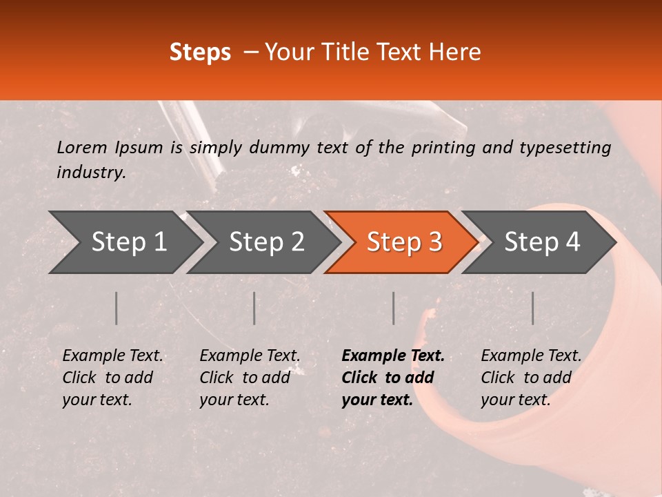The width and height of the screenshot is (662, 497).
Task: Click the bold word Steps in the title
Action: [200, 53]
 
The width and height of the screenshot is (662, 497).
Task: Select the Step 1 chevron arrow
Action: [126, 242]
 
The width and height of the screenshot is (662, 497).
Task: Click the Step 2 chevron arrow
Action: [263, 242]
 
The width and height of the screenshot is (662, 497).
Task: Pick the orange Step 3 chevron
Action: [401, 242]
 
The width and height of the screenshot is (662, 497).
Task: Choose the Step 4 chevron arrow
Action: [539, 242]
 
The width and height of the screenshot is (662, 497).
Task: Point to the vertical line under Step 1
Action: [116, 308]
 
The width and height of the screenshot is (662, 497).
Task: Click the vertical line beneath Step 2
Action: [254, 308]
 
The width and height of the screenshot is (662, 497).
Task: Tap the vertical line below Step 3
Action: [393, 308]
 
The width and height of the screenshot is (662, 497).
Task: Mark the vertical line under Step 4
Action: [533, 308]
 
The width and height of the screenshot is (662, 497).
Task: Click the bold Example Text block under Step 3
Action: [393, 378]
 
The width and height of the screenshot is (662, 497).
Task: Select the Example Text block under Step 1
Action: [112, 378]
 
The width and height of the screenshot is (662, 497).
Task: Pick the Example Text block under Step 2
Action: [250, 378]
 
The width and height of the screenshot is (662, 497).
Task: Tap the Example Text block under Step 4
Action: [531, 378]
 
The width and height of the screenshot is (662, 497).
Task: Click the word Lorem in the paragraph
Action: [82, 148]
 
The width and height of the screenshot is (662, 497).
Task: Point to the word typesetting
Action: [565, 148]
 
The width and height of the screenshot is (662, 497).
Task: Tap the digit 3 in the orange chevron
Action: [436, 242]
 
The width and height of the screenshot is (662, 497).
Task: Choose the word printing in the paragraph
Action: [443, 148]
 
